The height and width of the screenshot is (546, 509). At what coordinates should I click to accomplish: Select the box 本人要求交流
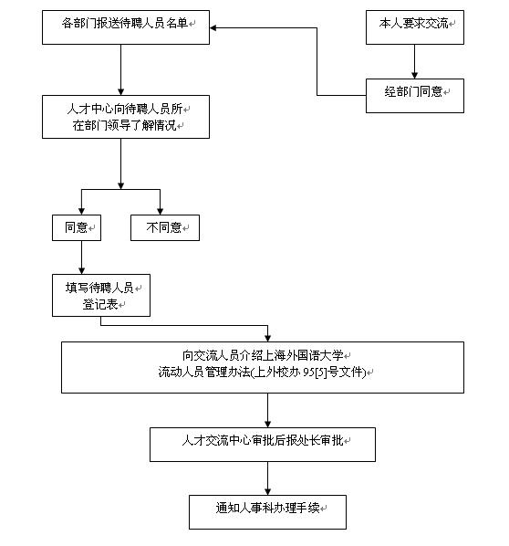coord(415,27)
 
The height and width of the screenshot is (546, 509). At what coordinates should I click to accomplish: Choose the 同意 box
coord(76,227)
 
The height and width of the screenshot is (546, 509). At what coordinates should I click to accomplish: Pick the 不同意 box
coord(164,227)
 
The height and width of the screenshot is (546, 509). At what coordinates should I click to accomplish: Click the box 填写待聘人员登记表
coord(100,296)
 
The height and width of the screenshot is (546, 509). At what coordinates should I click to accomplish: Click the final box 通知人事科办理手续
coord(267,509)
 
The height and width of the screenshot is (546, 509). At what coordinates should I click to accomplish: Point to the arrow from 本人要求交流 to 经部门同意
coord(415,61)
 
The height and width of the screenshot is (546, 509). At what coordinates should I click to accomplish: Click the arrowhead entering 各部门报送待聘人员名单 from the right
coord(215,27)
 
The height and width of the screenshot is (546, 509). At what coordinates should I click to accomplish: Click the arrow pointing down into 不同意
coord(161,205)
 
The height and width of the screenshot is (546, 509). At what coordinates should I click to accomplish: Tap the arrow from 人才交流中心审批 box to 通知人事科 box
coord(267,478)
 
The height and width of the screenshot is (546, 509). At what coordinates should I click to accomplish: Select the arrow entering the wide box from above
coord(267,332)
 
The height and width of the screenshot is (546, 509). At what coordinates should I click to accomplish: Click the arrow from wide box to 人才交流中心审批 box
coord(267,410)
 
